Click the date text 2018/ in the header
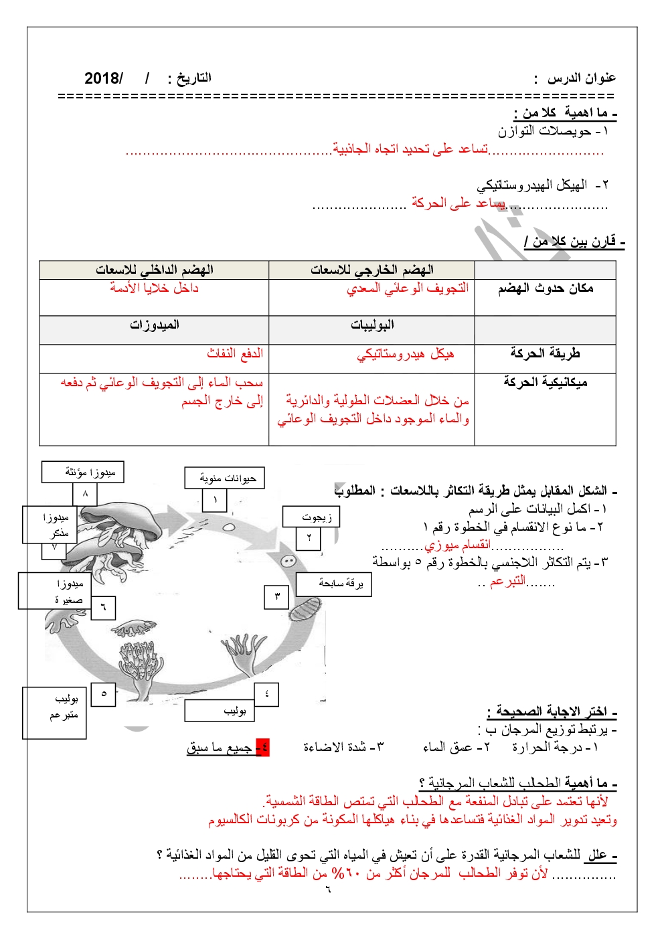pos(104,78)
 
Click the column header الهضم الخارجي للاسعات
pos(371,270)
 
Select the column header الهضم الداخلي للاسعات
pos(154,270)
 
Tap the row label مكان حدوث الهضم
pos(545,288)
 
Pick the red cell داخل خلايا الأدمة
pos(154,288)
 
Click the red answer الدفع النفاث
pos(234,353)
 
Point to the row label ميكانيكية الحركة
pos(545,382)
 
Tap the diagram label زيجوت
pos(312,517)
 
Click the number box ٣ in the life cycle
pos(277,596)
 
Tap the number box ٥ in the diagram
pos(104,694)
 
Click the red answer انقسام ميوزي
pos(457,545)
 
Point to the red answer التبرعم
pos(507,581)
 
